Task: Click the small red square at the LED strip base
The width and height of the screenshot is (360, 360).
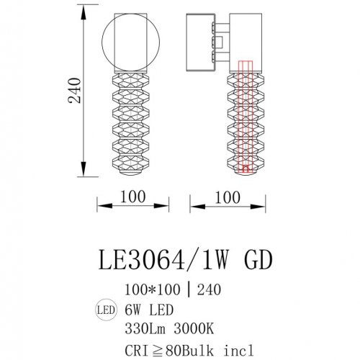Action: click(246, 170)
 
